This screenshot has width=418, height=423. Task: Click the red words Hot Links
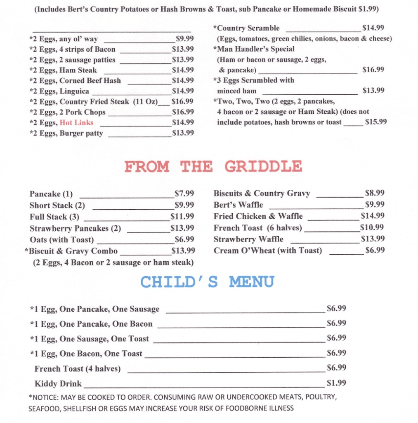(76, 122)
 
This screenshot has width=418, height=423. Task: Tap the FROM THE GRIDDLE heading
(213, 167)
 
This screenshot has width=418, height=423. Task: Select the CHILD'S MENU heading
(207, 282)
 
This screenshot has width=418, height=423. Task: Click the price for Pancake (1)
(184, 194)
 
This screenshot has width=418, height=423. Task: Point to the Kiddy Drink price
(336, 383)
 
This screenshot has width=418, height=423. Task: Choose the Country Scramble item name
(246, 28)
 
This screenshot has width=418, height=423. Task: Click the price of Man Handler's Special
(373, 69)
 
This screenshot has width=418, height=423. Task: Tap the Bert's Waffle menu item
(238, 205)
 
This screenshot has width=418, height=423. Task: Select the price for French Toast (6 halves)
(372, 227)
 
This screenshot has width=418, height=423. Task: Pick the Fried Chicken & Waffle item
(258, 216)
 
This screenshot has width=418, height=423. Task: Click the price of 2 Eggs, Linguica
(183, 91)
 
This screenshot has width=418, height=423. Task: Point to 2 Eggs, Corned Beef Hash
(75, 81)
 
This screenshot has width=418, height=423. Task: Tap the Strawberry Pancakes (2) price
(182, 228)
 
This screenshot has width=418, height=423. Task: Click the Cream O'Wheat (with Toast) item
(267, 251)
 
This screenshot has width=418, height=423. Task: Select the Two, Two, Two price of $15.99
(376, 122)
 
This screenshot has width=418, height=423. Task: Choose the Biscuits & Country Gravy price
(375, 193)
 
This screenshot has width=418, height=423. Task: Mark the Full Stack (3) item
(54, 217)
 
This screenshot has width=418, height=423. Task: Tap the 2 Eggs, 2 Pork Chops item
(67, 112)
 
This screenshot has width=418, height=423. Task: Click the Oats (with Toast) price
(184, 239)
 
